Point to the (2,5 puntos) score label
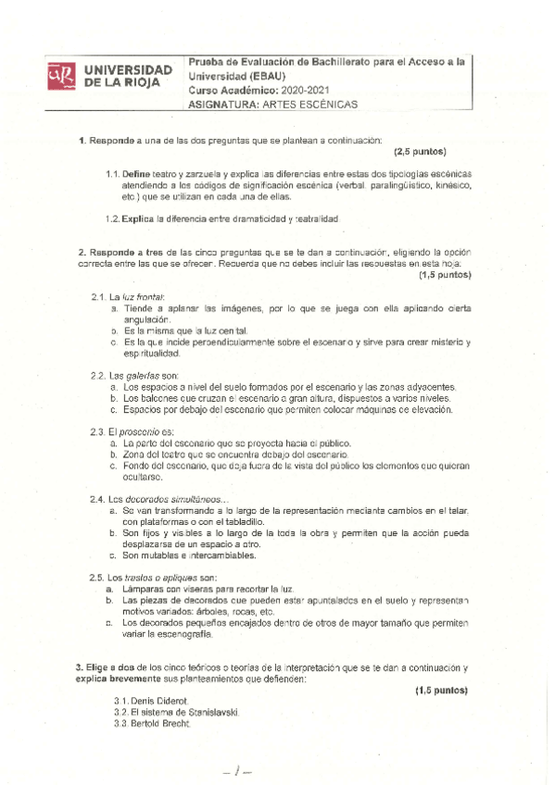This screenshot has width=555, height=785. pyautogui.click(x=421, y=151)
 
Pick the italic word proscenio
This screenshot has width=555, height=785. pyautogui.click(x=140, y=432)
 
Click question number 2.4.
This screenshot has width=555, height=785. pyautogui.click(x=97, y=499)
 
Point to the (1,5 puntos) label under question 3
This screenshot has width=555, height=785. pyautogui.click(x=441, y=691)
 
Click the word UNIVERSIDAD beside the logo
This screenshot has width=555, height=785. pyautogui.click(x=129, y=69)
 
